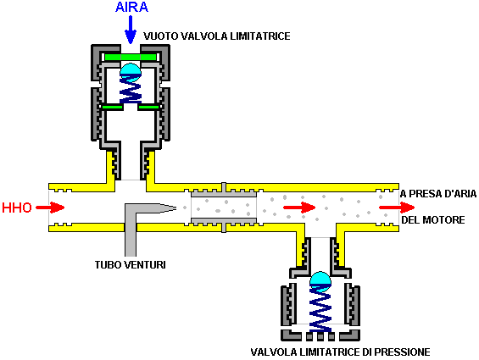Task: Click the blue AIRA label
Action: pos(131,7)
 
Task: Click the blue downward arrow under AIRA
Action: pos(131,30)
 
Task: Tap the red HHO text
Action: pos(17,208)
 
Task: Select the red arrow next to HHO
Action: pos(50,208)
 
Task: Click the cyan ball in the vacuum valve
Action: pos(131,72)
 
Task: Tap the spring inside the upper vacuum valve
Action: pos(131,91)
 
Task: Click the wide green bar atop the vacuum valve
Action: pos(131,57)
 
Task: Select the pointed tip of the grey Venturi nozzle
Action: pos(176,208)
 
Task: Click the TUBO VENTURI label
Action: pos(131,265)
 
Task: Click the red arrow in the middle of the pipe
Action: pos(299,208)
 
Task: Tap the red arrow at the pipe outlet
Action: pos(397,208)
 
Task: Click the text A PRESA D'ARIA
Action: pos(438,194)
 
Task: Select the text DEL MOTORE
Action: pos(433,220)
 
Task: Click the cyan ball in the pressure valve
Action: pos(320,281)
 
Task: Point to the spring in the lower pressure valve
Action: pos(320,310)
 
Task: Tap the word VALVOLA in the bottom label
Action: pos(274,352)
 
